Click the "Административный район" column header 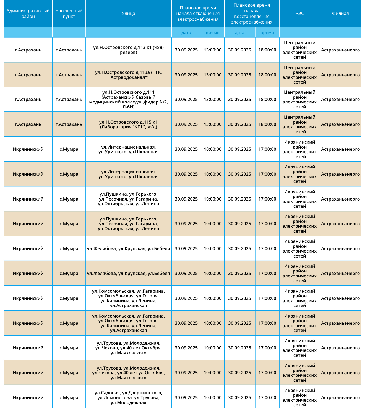point(28,14)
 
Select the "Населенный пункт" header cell point(69,14)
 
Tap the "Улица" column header point(128,14)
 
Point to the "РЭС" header point(299,14)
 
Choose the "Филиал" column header point(340,14)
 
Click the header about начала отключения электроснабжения point(198,14)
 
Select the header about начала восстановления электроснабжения point(252,14)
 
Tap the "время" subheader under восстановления point(267,33)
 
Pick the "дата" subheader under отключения point(186,33)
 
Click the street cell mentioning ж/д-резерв point(128,50)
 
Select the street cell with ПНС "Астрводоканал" point(128,75)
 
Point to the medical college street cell point(128,100)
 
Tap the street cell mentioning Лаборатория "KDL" point(128,124)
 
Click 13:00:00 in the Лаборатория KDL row point(212,124)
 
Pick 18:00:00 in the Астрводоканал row point(267,75)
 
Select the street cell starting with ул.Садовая point(128,397)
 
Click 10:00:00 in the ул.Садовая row point(212,397)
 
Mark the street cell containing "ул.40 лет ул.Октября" point(128,373)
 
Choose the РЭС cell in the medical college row point(299,100)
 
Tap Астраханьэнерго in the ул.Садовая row point(340,397)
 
